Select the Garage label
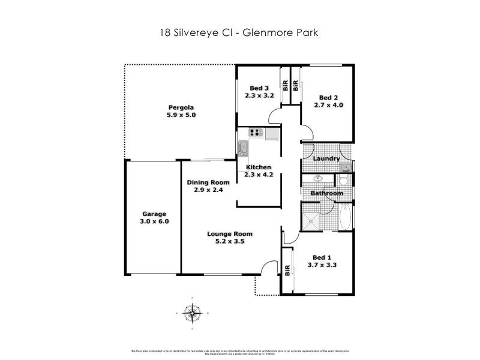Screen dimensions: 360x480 154,214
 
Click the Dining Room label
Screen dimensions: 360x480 208,182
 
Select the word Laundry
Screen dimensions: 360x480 327,158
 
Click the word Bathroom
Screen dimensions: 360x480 327,193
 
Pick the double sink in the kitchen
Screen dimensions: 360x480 243,148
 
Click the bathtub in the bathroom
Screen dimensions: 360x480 346,217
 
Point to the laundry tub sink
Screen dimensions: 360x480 345,167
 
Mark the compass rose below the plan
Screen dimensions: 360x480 192,313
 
